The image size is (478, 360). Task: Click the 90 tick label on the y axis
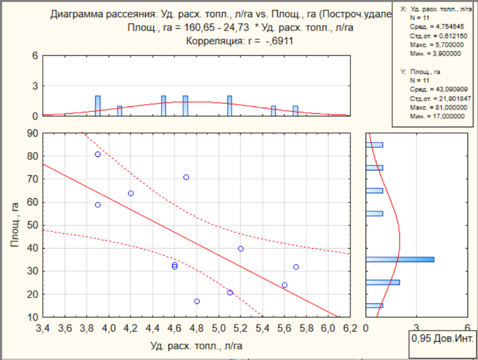33,134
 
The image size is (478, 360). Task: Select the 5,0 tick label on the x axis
218,328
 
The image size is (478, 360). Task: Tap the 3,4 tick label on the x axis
42,328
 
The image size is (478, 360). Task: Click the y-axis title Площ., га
15,225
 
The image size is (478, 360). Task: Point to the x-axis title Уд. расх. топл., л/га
196,346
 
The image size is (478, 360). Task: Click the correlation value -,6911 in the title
279,41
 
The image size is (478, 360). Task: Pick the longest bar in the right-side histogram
400,260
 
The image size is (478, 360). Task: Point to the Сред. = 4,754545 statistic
437,27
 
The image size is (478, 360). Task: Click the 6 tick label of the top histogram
35,56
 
